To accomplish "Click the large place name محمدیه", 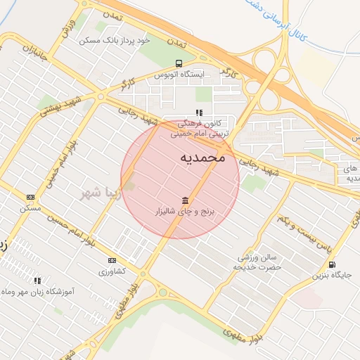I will [202, 157].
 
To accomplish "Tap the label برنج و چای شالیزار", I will [187, 211].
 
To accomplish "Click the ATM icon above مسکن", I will [30, 198].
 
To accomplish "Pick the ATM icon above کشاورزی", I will [112, 260].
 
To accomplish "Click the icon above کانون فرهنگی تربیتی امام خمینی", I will [200, 112].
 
